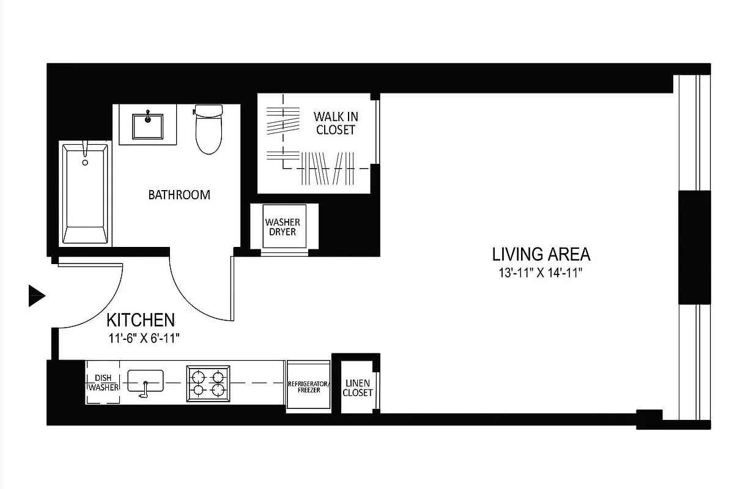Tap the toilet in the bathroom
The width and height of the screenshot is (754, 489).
pyautogui.click(x=209, y=130)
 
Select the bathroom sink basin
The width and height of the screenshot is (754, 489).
pyautogui.click(x=147, y=125)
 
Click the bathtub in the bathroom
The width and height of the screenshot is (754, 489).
pyautogui.click(x=85, y=194)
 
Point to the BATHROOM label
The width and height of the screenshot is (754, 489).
pyautogui.click(x=179, y=195)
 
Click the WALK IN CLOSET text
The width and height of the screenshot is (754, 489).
pyautogui.click(x=336, y=123)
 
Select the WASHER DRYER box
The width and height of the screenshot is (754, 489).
pyautogui.click(x=283, y=227)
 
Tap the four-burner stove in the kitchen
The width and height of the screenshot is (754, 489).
pyautogui.click(x=208, y=383)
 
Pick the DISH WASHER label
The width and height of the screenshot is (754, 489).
pyautogui.click(x=103, y=383)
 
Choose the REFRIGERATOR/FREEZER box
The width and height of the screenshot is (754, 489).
pyautogui.click(x=308, y=386)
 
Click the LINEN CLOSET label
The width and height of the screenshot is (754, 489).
pyautogui.click(x=357, y=388)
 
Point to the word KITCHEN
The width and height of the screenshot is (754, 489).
pyautogui.click(x=141, y=320)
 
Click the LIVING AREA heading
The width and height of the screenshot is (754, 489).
pyautogui.click(x=541, y=254)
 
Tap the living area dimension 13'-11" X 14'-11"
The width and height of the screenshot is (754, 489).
pyautogui.click(x=539, y=273)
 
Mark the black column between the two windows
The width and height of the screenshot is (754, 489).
pyautogui.click(x=694, y=247)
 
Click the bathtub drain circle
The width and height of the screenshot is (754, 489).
pyautogui.click(x=85, y=163)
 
